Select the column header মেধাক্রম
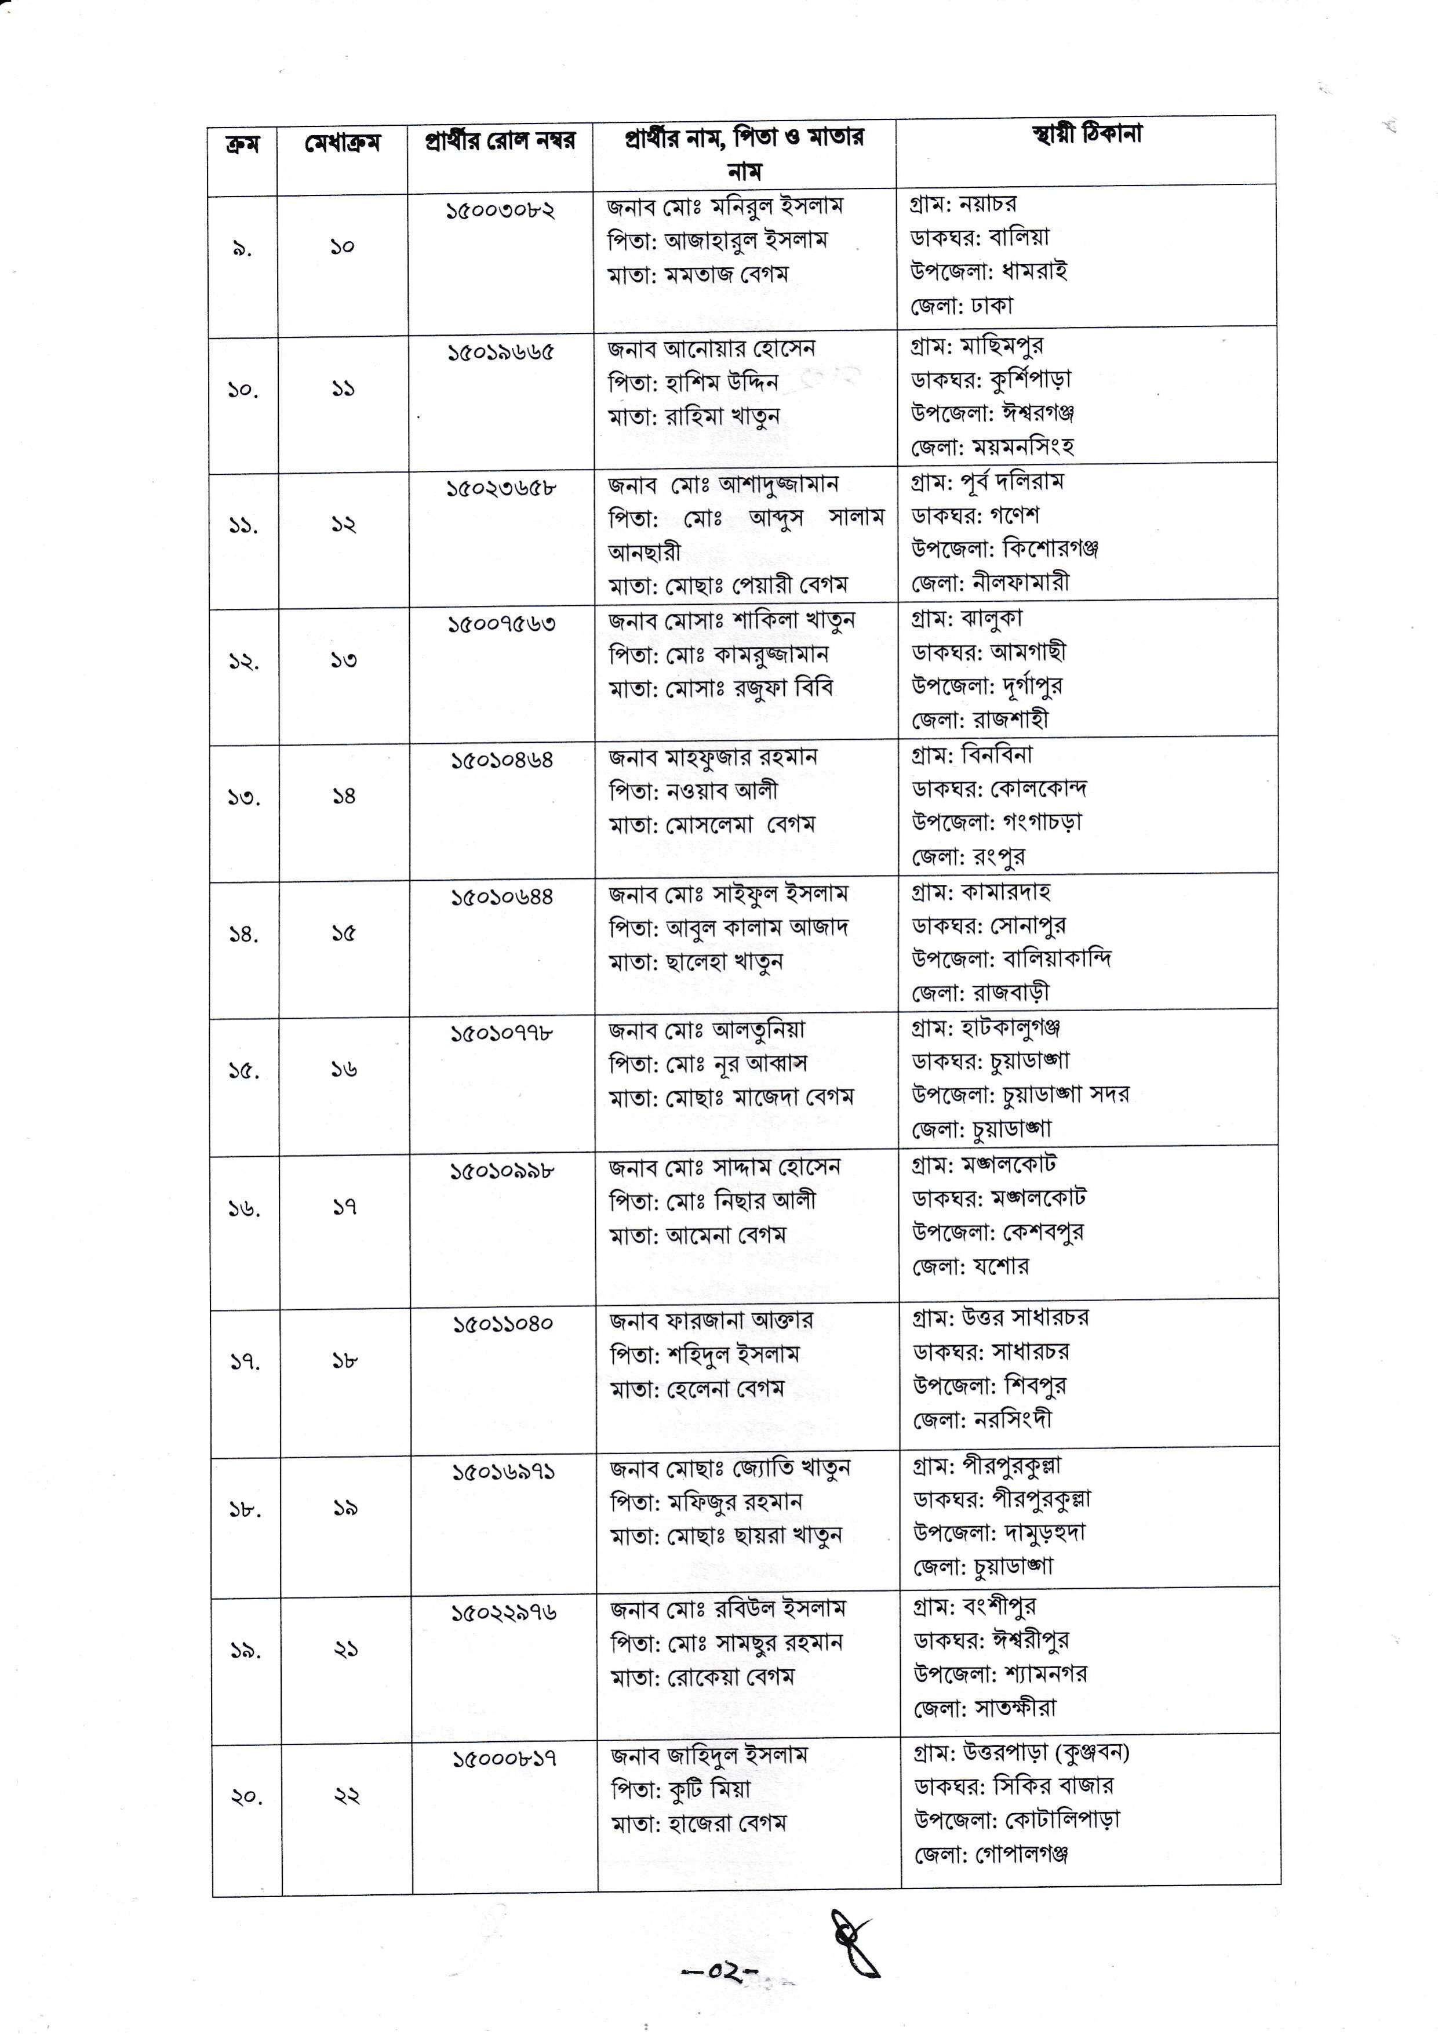(342, 144)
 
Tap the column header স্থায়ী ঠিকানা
(1086, 135)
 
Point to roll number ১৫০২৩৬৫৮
(501, 487)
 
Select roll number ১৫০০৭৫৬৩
(501, 624)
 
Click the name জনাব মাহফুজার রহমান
(713, 757)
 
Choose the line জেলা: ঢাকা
(961, 307)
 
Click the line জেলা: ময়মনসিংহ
(993, 448)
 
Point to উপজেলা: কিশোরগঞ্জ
(1005, 549)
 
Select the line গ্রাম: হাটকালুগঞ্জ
(985, 1029)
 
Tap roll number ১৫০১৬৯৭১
(504, 1472)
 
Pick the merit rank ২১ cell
(345, 1650)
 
